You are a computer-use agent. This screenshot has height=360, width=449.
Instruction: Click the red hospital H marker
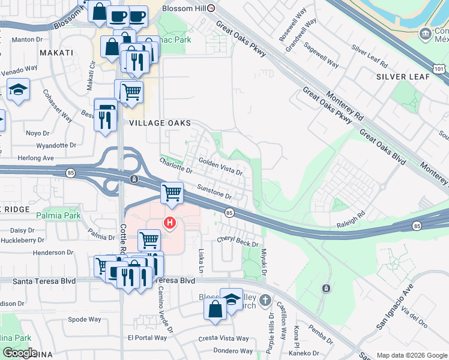tap(170, 223)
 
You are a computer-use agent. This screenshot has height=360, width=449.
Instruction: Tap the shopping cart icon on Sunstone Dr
tap(172, 193)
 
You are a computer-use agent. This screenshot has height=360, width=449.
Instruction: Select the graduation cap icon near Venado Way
tap(19, 90)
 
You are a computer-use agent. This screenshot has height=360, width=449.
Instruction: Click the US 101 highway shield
tap(441, 69)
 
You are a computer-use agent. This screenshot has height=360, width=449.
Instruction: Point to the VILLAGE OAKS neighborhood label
tap(160, 123)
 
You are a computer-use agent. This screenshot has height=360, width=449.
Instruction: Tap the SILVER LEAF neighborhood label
tap(403, 77)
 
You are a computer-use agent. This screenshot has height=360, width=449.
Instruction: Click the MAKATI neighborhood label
tap(56, 53)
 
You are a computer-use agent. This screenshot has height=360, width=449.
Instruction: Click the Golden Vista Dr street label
tap(220, 167)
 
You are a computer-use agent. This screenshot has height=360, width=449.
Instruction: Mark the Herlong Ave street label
tap(35, 158)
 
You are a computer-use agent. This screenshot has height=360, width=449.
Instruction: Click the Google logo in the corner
tap(20, 353)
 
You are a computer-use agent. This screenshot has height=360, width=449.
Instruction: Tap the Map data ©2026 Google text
tap(411, 355)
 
